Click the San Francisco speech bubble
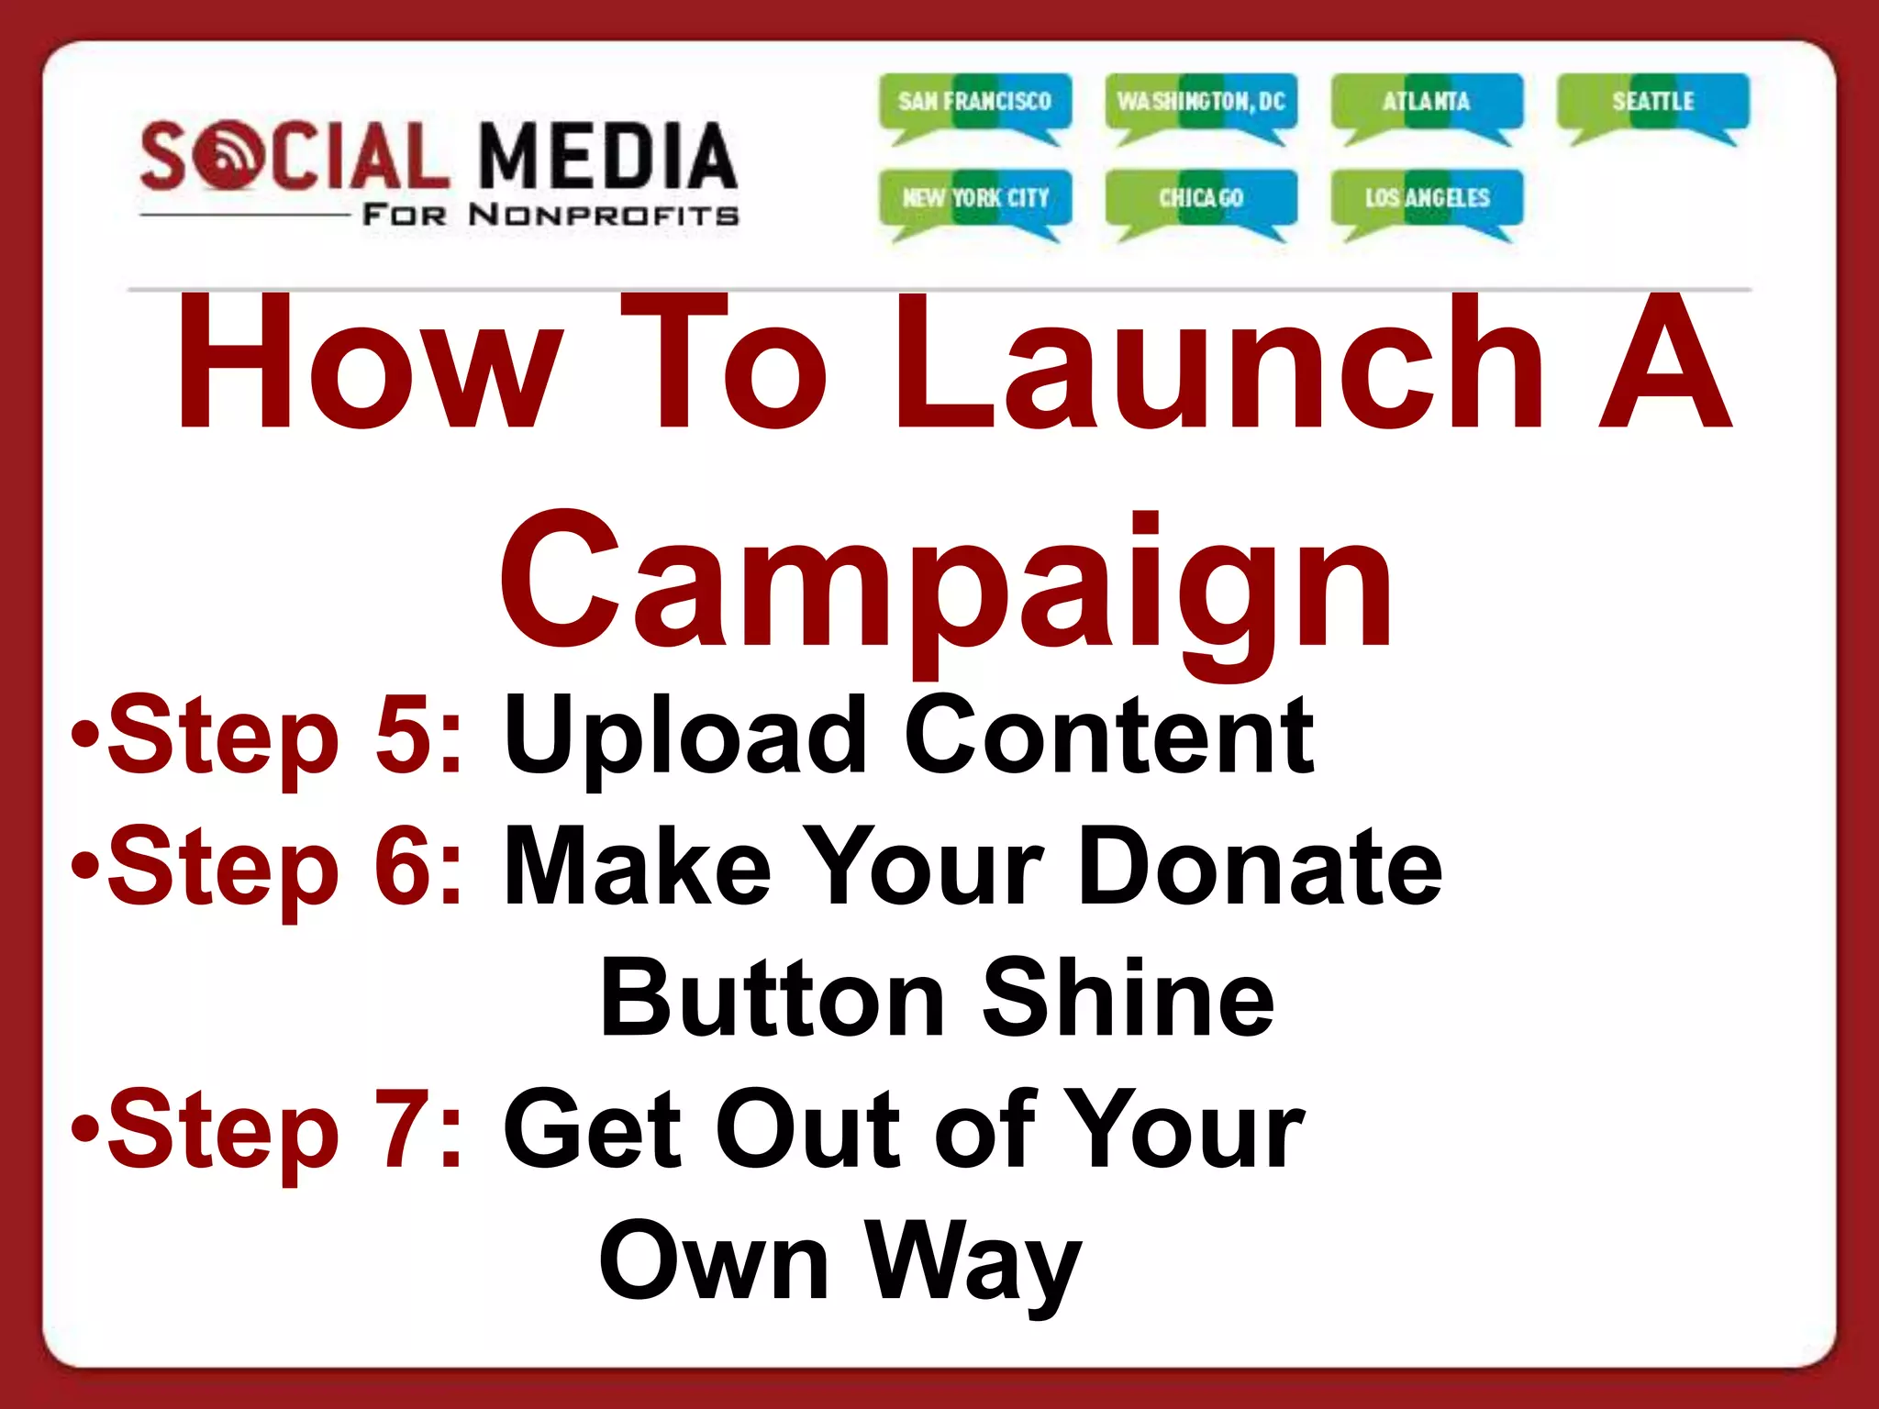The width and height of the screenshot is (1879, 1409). tap(974, 102)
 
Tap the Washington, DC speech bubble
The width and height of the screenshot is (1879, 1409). tap(1201, 102)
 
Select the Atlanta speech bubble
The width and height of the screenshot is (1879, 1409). tap(1427, 102)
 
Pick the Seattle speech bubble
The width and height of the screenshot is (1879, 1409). tap(1652, 102)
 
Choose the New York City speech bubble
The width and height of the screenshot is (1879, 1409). tap(974, 198)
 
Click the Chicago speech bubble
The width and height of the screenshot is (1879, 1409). tap(1201, 198)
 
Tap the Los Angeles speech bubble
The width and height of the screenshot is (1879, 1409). tap(1427, 198)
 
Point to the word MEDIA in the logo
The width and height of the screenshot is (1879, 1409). tap(607, 156)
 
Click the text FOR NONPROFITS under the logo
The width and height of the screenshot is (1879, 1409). tap(550, 216)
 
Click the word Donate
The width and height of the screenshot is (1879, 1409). tap(1259, 866)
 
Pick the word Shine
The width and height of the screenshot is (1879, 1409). tap(1129, 998)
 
